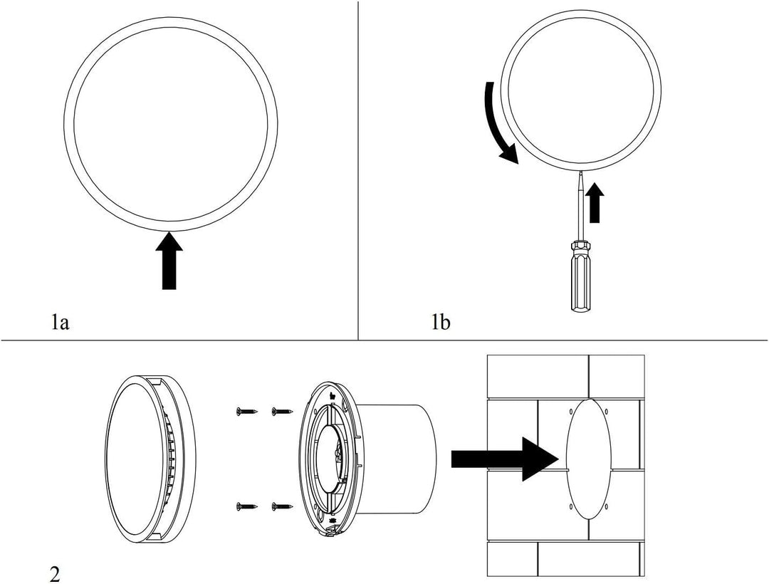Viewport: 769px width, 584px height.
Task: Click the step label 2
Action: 55,573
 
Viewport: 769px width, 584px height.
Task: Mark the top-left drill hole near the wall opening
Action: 572,412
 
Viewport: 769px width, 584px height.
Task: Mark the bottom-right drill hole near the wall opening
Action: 605,506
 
